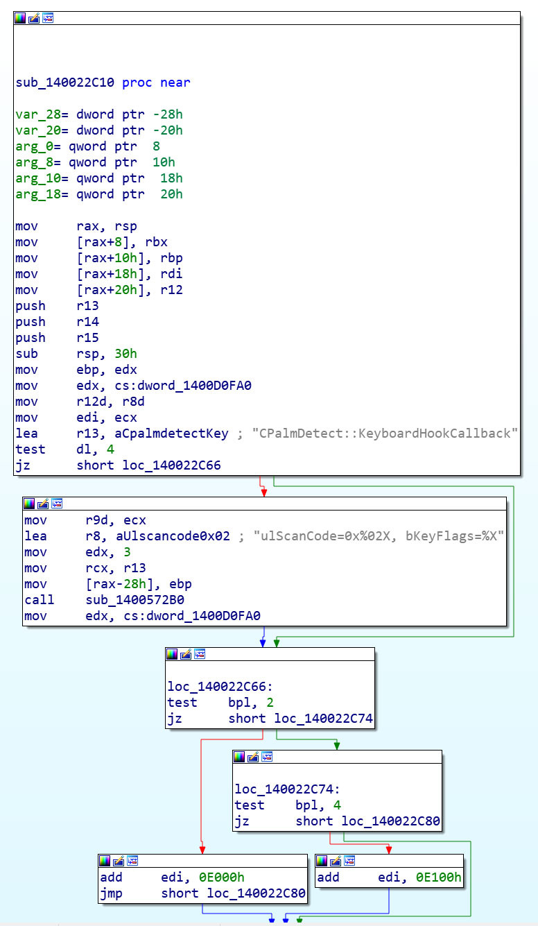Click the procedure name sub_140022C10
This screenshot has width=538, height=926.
[65, 83]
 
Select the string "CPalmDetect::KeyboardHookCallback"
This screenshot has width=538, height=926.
[385, 434]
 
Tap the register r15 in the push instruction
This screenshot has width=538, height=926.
[87, 338]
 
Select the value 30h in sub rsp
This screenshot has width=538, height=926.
[125, 354]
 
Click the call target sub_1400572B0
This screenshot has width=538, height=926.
[134, 600]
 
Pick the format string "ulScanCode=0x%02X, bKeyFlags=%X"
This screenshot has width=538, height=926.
[379, 536]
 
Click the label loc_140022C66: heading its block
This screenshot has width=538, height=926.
[220, 687]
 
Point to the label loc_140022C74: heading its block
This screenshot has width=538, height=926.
[287, 789]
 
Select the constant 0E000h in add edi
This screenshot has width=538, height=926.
[221, 877]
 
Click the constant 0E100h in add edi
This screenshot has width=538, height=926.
[438, 877]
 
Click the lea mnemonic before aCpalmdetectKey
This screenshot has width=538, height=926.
[26, 434]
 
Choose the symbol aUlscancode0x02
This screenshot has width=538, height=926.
[173, 536]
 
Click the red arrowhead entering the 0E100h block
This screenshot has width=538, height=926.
[389, 850]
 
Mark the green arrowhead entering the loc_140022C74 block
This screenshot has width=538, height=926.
[337, 746]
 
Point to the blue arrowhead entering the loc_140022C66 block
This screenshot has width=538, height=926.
[263, 643]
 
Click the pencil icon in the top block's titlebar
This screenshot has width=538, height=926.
[34, 18]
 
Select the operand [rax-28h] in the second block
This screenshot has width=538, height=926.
[116, 584]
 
